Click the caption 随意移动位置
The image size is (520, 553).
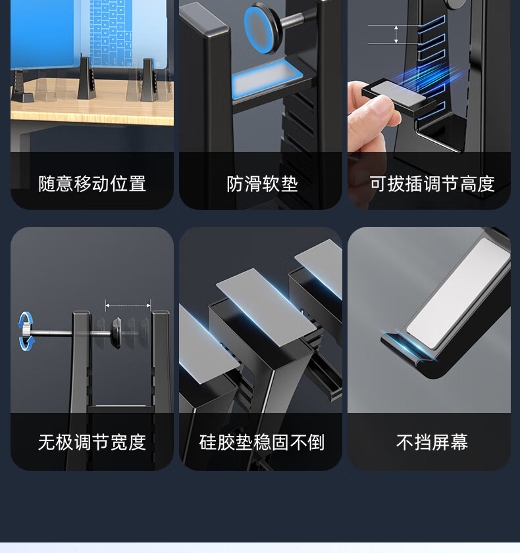[x=92, y=183]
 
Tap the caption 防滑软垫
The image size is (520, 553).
[x=262, y=183]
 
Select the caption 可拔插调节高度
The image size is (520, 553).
[x=432, y=183]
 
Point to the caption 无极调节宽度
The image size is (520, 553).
[x=92, y=442]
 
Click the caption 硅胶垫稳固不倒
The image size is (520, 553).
[x=261, y=442]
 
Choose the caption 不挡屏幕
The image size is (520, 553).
[x=432, y=442]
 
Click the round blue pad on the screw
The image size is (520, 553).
[x=261, y=30]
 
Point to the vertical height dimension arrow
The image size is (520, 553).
[x=396, y=35]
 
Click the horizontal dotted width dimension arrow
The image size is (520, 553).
[x=128, y=305]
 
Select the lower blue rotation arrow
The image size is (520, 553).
[x=26, y=343]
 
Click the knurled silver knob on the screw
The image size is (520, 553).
[x=26, y=332]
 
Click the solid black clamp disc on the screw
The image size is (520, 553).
[x=116, y=331]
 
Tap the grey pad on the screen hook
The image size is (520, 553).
[x=459, y=293]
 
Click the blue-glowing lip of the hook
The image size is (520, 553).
[x=406, y=347]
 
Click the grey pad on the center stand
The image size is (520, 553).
[x=267, y=307]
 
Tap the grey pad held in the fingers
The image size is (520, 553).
[x=398, y=91]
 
